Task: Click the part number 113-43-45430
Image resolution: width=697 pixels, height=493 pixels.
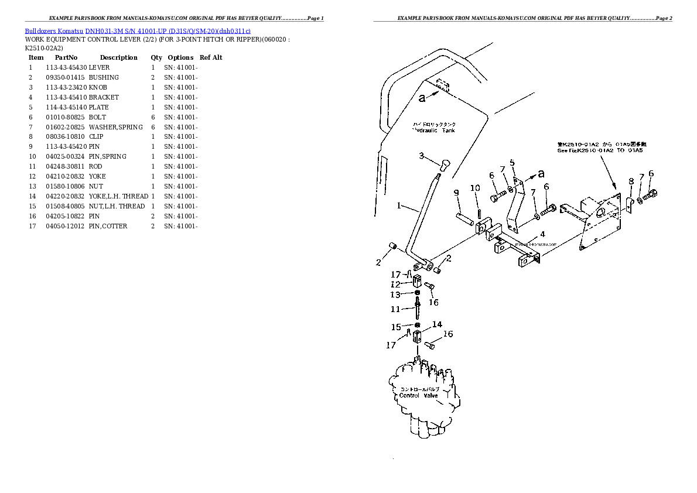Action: [x=66, y=67]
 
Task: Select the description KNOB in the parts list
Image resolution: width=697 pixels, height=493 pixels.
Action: [x=98, y=87]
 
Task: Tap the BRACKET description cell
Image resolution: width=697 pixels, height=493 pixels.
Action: [x=104, y=97]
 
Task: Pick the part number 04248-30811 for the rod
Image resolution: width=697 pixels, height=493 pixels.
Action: [x=66, y=166]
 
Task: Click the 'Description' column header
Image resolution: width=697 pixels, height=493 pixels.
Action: [x=118, y=57]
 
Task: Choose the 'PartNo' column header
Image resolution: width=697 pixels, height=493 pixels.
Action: [x=66, y=57]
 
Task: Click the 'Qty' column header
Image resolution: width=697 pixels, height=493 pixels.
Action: [x=156, y=57]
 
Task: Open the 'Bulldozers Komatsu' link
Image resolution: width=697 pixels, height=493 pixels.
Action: [x=54, y=30]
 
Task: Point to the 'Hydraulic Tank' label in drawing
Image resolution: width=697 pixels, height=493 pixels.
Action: [x=433, y=131]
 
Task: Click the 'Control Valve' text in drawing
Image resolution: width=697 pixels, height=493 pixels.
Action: [x=418, y=395]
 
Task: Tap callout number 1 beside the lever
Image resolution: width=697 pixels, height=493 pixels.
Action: [x=399, y=206]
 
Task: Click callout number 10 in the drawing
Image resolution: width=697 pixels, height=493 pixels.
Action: [x=475, y=188]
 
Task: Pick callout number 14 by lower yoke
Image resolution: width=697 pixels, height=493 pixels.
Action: [x=437, y=324]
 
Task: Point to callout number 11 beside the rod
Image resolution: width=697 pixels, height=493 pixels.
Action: [x=395, y=309]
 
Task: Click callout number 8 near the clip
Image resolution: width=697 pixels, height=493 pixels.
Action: [x=631, y=182]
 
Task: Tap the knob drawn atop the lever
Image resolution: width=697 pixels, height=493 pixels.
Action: [x=444, y=165]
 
